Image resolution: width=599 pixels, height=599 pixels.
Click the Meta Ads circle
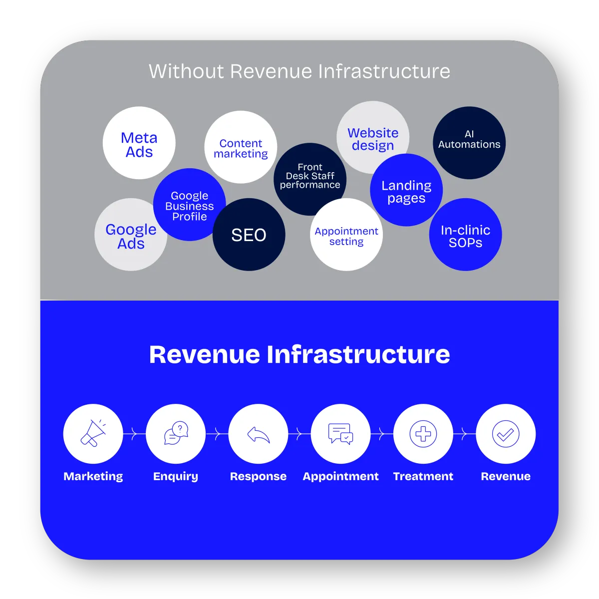click(139, 144)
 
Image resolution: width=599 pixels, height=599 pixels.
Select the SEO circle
click(249, 235)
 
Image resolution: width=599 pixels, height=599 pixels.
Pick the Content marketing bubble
click(241, 147)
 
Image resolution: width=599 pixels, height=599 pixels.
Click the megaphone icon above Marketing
click(93, 433)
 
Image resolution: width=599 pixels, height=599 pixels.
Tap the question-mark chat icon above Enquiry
click(176, 433)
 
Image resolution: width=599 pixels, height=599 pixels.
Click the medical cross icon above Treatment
click(423, 433)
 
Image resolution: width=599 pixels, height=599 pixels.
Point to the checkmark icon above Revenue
click(505, 434)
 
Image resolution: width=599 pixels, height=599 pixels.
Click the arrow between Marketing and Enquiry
click(134, 433)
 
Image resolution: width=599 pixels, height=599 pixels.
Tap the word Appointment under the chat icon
click(340, 476)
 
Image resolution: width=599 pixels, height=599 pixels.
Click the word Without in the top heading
click(186, 71)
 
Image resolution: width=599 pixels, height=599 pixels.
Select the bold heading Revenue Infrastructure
click(299, 354)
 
